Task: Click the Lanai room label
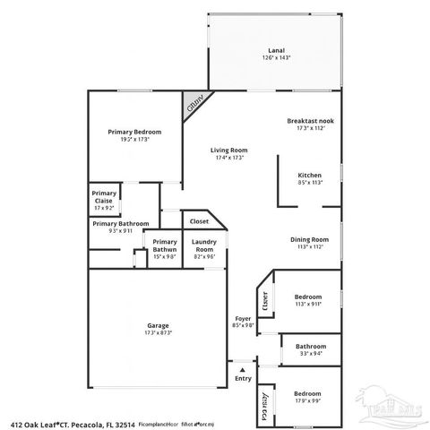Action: tap(277, 50)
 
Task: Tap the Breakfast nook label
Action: tap(311, 120)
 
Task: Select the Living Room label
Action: tap(229, 150)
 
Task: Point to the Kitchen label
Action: tap(310, 174)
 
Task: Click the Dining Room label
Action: tap(309, 239)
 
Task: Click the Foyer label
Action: tap(243, 317)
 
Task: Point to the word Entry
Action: tap(243, 379)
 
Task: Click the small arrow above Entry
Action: tap(240, 367)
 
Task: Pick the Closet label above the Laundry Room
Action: tap(199, 220)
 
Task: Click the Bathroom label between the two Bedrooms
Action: tap(311, 346)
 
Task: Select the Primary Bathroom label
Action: tap(120, 223)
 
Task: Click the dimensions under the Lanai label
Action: tap(277, 58)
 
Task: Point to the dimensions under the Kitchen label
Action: tap(310, 182)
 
